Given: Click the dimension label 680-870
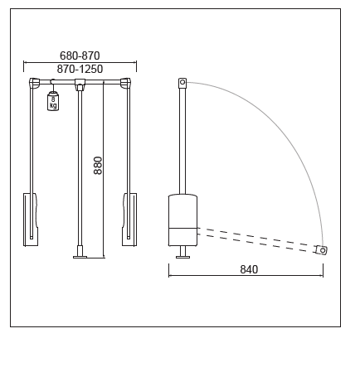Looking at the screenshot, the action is tap(80, 56).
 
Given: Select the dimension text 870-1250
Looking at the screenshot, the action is tap(80, 69).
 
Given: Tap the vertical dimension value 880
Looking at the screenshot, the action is tap(98, 166).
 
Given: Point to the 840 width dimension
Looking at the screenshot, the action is tap(249, 269).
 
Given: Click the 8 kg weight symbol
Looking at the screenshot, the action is tap(53, 101).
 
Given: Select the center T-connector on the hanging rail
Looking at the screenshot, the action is tap(80, 84).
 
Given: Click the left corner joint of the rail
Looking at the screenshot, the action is tap(35, 83).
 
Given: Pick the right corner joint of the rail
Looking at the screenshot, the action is tap(125, 83).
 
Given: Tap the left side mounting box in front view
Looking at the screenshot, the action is tap(31, 220).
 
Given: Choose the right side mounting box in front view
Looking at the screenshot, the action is tap(129, 220).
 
